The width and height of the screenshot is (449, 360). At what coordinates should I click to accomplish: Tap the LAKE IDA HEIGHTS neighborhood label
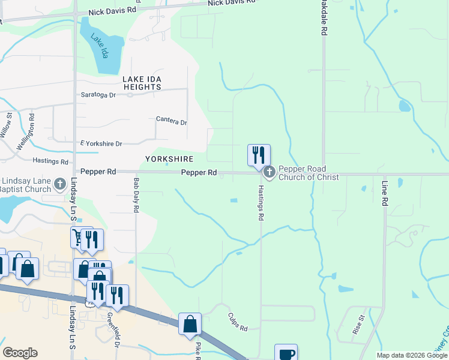click(142, 83)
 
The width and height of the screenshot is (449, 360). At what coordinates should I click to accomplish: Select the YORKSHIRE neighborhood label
click(169, 159)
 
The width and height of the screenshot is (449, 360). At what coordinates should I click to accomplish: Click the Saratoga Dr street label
click(98, 95)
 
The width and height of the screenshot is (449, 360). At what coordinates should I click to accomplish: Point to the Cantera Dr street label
click(172, 121)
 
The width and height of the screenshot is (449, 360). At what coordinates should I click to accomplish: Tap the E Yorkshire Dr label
click(101, 144)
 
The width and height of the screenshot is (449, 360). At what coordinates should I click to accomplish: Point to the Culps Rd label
click(238, 322)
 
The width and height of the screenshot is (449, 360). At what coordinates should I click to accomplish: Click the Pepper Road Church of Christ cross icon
click(270, 173)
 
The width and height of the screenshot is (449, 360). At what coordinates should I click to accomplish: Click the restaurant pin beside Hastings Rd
click(259, 154)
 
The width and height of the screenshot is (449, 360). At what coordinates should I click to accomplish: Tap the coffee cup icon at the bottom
click(286, 353)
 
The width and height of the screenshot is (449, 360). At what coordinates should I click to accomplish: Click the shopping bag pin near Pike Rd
click(190, 324)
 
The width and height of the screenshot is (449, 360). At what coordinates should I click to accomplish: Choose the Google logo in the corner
click(20, 353)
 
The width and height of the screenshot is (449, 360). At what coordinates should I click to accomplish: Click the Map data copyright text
click(412, 355)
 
